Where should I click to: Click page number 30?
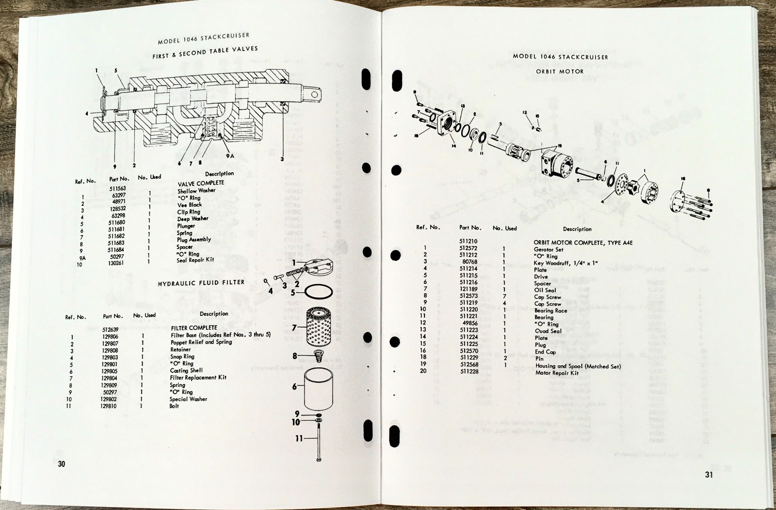click(x=62, y=464)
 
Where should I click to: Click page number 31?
click(x=709, y=475)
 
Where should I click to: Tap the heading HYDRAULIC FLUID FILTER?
click(x=201, y=283)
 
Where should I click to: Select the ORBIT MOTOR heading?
click(x=560, y=71)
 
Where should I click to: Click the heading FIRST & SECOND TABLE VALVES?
click(x=205, y=52)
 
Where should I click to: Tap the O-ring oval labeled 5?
click(x=320, y=293)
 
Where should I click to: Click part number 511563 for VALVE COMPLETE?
click(x=117, y=189)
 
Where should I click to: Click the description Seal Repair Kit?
click(x=195, y=260)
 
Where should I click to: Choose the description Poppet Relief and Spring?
click(x=201, y=342)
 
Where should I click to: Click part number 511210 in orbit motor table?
click(x=468, y=241)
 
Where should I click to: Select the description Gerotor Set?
click(x=549, y=249)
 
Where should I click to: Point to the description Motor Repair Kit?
click(x=557, y=373)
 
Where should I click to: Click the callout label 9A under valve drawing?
click(x=230, y=156)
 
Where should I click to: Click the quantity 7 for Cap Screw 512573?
click(x=504, y=296)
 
